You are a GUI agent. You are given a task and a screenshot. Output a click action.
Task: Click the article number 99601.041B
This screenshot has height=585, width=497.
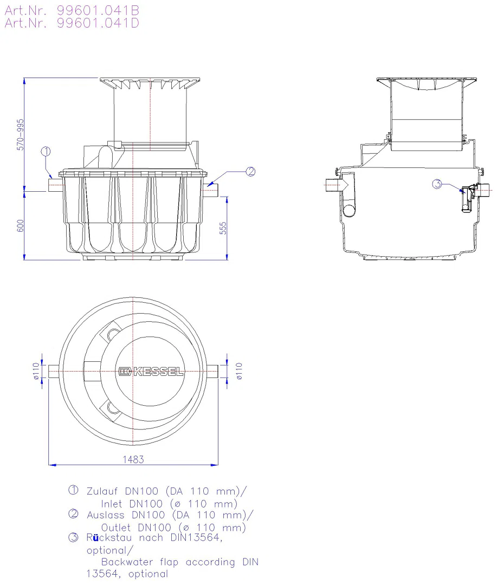click(x=98, y=10)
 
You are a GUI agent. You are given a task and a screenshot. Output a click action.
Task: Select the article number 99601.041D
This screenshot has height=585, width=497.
click(x=98, y=23)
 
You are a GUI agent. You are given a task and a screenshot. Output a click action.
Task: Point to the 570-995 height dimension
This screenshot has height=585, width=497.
click(x=21, y=135)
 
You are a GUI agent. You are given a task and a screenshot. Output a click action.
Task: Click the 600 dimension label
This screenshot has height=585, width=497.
click(x=21, y=226)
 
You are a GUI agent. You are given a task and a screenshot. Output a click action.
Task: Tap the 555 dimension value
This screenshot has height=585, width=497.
click(x=223, y=229)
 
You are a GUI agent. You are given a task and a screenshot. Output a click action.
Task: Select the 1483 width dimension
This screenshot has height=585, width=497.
click(x=133, y=459)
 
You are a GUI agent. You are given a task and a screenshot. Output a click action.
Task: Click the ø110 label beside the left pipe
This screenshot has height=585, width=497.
click(x=36, y=371)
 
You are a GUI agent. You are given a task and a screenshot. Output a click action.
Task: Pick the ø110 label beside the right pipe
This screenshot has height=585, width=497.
click(x=239, y=371)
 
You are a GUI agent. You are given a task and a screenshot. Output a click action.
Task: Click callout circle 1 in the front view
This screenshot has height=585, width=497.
click(x=46, y=152)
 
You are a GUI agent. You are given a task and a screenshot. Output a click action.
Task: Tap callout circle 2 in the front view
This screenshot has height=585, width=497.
click(x=250, y=172)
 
